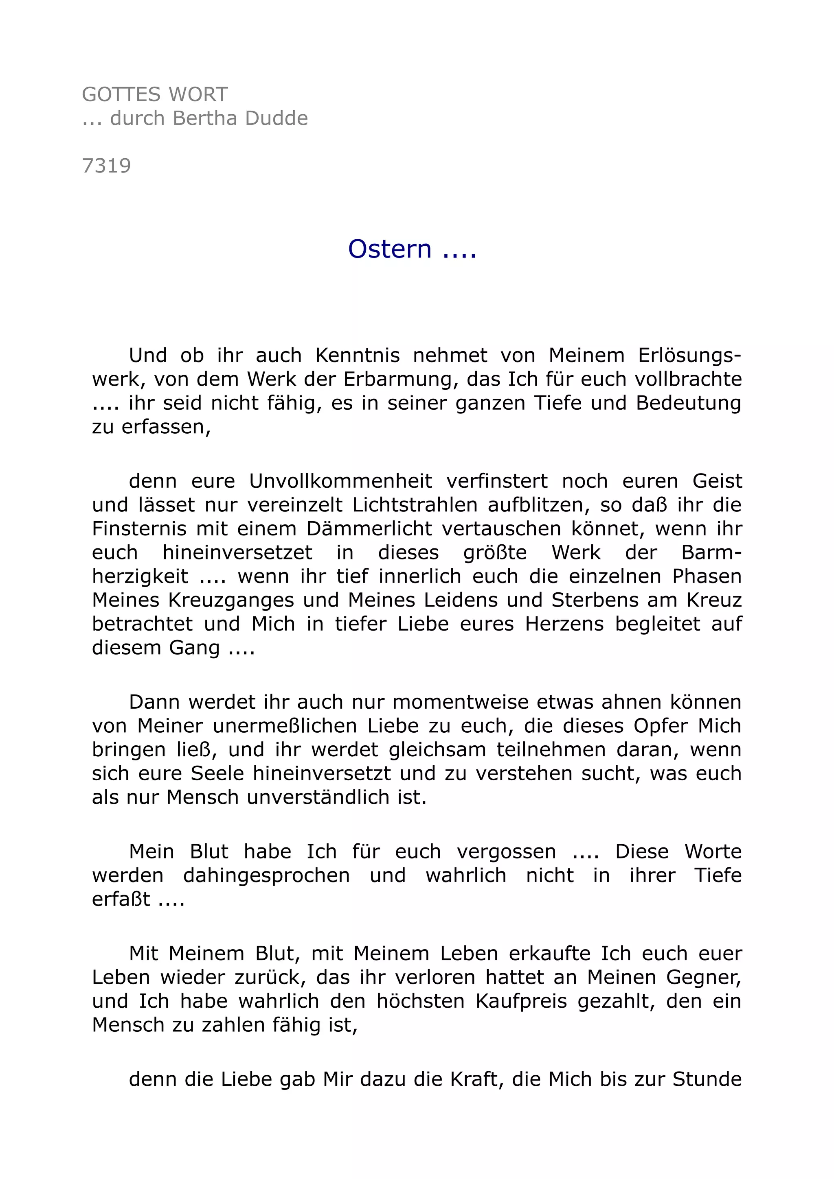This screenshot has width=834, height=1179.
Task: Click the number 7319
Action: tap(107, 166)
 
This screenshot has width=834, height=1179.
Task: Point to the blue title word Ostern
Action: tap(389, 249)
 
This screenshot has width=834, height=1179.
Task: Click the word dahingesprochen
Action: tap(267, 876)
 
